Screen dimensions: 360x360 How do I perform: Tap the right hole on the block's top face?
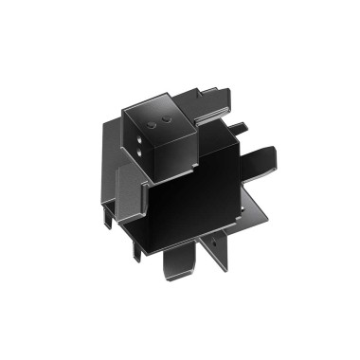pyautogui.click(x=169, y=122)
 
